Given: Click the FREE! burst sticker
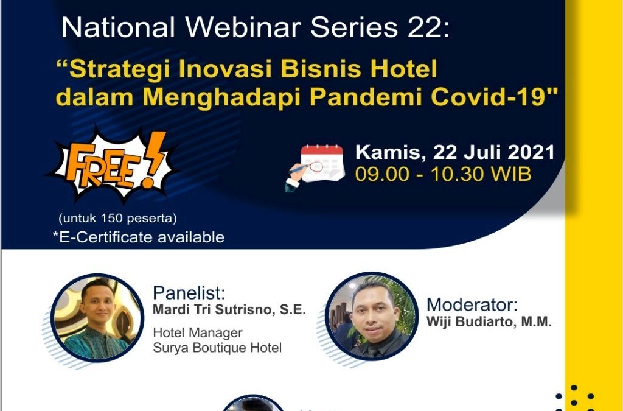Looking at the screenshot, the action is point(113,166).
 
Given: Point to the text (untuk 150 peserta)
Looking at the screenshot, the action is point(117,219).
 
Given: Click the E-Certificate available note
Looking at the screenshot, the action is point(139,237).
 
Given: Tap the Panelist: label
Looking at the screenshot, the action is point(189,293).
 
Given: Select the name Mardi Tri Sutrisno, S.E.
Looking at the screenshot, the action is point(229,310).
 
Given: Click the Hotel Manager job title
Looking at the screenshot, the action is point(198,332).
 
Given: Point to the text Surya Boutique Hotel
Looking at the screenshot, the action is point(217,348).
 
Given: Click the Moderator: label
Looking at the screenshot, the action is point(472,305).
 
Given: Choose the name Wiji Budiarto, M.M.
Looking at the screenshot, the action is point(489,321).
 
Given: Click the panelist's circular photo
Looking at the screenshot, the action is point(98,318).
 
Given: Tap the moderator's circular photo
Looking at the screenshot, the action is point(372,317).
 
